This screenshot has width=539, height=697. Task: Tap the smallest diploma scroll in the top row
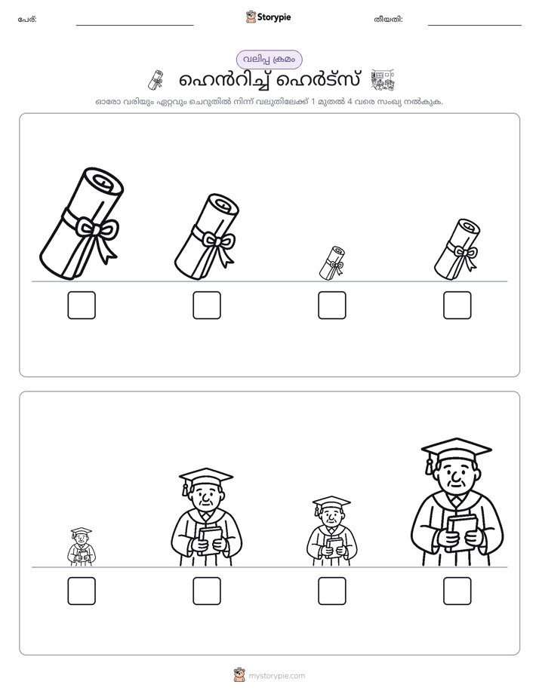coord(332,263)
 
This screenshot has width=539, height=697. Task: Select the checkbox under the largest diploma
coord(82,305)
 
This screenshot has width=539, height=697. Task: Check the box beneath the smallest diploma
coord(331,305)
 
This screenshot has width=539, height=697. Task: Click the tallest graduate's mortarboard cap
coord(457,450)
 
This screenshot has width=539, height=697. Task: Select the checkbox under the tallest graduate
coord(457,591)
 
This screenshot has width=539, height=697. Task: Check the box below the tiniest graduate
coord(82,591)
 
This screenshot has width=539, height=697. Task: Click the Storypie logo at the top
coord(268,17)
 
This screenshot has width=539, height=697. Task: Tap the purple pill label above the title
coord(269,60)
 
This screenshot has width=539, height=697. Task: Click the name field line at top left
coord(134,26)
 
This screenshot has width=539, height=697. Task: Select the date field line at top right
coord(475,26)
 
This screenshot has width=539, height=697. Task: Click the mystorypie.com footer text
coord(276,676)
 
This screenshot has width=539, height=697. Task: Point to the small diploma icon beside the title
coord(156,80)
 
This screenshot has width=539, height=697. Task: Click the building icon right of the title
coord(383,80)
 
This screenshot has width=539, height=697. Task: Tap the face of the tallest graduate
coord(455,475)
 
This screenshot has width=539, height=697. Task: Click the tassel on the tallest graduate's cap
coord(429,464)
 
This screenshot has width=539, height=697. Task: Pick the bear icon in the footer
coord(239,675)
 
